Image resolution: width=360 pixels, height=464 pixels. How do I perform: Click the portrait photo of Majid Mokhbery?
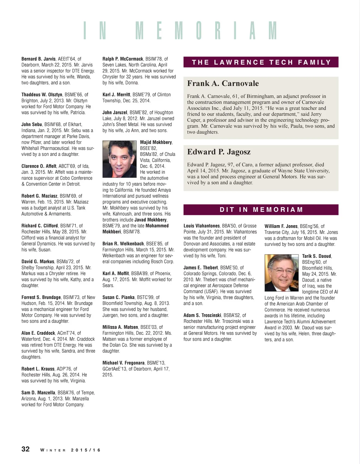[x=119, y=159]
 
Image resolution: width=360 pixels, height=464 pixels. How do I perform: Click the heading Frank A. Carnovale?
[x=223, y=84]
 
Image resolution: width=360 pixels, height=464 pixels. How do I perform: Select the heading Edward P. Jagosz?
[x=219, y=152]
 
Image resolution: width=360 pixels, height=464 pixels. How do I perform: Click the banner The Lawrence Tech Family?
[x=261, y=62]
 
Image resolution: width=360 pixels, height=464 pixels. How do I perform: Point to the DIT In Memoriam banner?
[x=261, y=210]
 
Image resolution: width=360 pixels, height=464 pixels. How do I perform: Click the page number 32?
[x=26, y=449]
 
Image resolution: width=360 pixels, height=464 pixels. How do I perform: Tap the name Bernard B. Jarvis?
[x=38, y=59]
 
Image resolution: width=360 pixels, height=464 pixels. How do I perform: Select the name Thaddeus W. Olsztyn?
[x=41, y=94]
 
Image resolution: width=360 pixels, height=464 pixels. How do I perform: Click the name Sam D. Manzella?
[x=38, y=393]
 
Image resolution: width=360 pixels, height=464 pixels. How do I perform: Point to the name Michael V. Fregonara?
[x=123, y=363]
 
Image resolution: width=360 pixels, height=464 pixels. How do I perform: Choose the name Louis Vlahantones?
[x=201, y=226]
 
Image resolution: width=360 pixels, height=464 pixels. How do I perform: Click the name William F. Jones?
[x=281, y=226]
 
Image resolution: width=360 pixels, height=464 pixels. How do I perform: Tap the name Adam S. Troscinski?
[x=202, y=315]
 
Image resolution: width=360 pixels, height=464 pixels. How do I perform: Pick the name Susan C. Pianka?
[x=118, y=297]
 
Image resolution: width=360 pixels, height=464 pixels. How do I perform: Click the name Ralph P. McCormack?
[x=123, y=59]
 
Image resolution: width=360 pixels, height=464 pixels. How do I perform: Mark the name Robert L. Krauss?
[x=38, y=369]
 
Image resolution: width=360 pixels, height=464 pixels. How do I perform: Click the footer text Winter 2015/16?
[x=70, y=450]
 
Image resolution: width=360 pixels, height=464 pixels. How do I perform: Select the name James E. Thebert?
[x=200, y=268]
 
